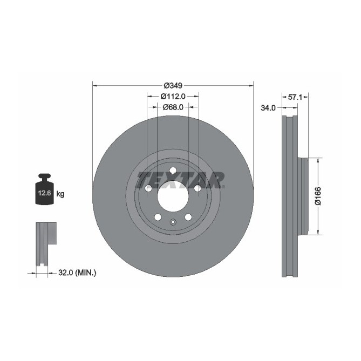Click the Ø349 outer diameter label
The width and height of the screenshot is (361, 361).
tap(173, 85)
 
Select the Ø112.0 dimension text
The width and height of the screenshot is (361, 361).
tap(173, 96)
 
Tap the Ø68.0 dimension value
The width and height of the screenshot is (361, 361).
tap(173, 107)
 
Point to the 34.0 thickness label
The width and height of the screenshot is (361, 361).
tap(268, 108)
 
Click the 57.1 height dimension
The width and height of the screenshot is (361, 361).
tap(295, 97)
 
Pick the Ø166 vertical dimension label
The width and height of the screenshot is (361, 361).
tap(318, 196)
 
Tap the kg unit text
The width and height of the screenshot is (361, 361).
tap(60, 194)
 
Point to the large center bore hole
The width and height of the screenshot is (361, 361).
tap(173, 196)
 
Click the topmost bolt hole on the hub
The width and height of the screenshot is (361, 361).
tap(173, 171)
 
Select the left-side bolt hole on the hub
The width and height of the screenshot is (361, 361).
tap(148, 188)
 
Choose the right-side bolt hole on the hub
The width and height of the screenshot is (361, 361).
tap(197, 188)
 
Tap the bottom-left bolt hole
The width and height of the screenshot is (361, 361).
tap(158, 217)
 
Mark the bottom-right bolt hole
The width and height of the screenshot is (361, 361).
tap(188, 217)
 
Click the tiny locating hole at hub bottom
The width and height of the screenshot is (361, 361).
tap(173, 222)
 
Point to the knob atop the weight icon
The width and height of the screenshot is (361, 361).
tap(44, 176)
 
